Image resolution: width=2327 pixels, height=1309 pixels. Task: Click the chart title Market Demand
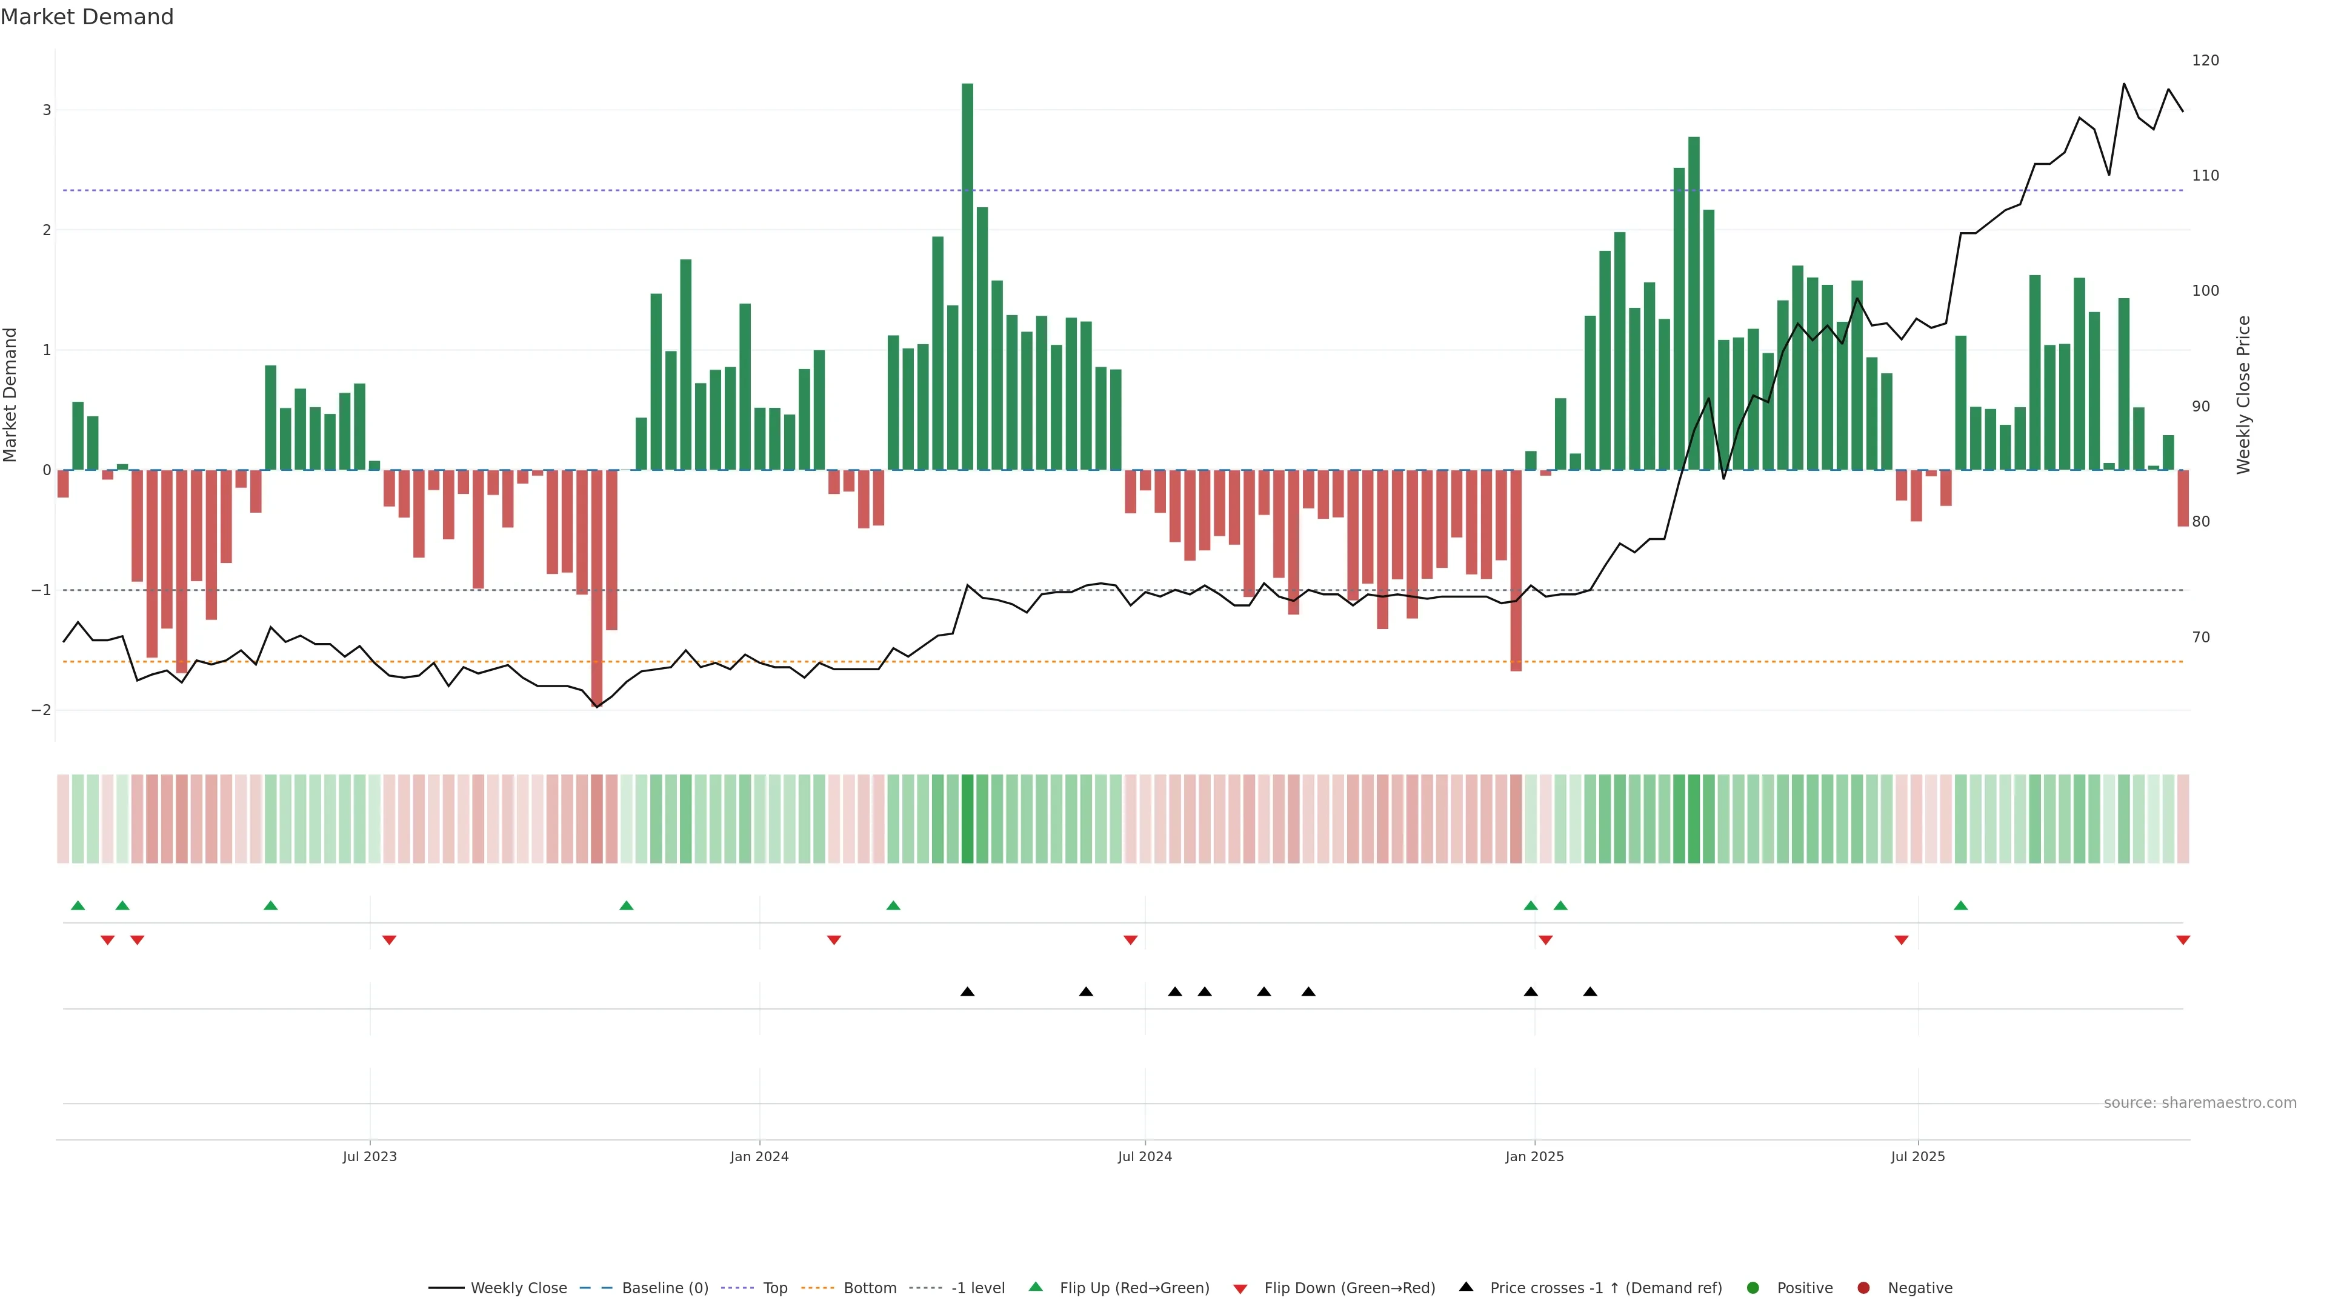pyautogui.click(x=87, y=17)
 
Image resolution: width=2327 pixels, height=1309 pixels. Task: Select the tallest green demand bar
pyautogui.click(x=968, y=271)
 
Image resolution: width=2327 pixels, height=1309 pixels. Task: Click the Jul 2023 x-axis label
pyautogui.click(x=370, y=1156)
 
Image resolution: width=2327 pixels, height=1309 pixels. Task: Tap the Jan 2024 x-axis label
pyautogui.click(x=760, y=1156)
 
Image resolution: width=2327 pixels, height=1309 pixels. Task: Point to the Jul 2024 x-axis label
pyautogui.click(x=1145, y=1156)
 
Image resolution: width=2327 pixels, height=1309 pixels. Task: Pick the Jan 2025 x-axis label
pyautogui.click(x=1534, y=1156)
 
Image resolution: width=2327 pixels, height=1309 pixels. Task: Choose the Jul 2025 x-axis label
pyautogui.click(x=1918, y=1156)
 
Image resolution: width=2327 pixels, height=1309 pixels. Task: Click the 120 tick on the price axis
pyautogui.click(x=2205, y=61)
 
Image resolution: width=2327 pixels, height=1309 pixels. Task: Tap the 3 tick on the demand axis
pyautogui.click(x=47, y=110)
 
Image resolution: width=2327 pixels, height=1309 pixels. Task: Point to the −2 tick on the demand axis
pyautogui.click(x=42, y=710)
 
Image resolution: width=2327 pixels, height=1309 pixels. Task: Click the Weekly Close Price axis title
pyautogui.click(x=2244, y=395)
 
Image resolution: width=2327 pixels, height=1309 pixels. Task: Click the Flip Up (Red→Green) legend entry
pyautogui.click(x=1119, y=1288)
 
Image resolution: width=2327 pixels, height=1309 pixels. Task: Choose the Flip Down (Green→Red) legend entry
pyautogui.click(x=1334, y=1288)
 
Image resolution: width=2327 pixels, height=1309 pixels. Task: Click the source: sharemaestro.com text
pyautogui.click(x=2200, y=1103)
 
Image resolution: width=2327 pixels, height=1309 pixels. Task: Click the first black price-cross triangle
pyautogui.click(x=968, y=992)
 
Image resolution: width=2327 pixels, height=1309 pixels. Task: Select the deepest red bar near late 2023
pyautogui.click(x=596, y=587)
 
